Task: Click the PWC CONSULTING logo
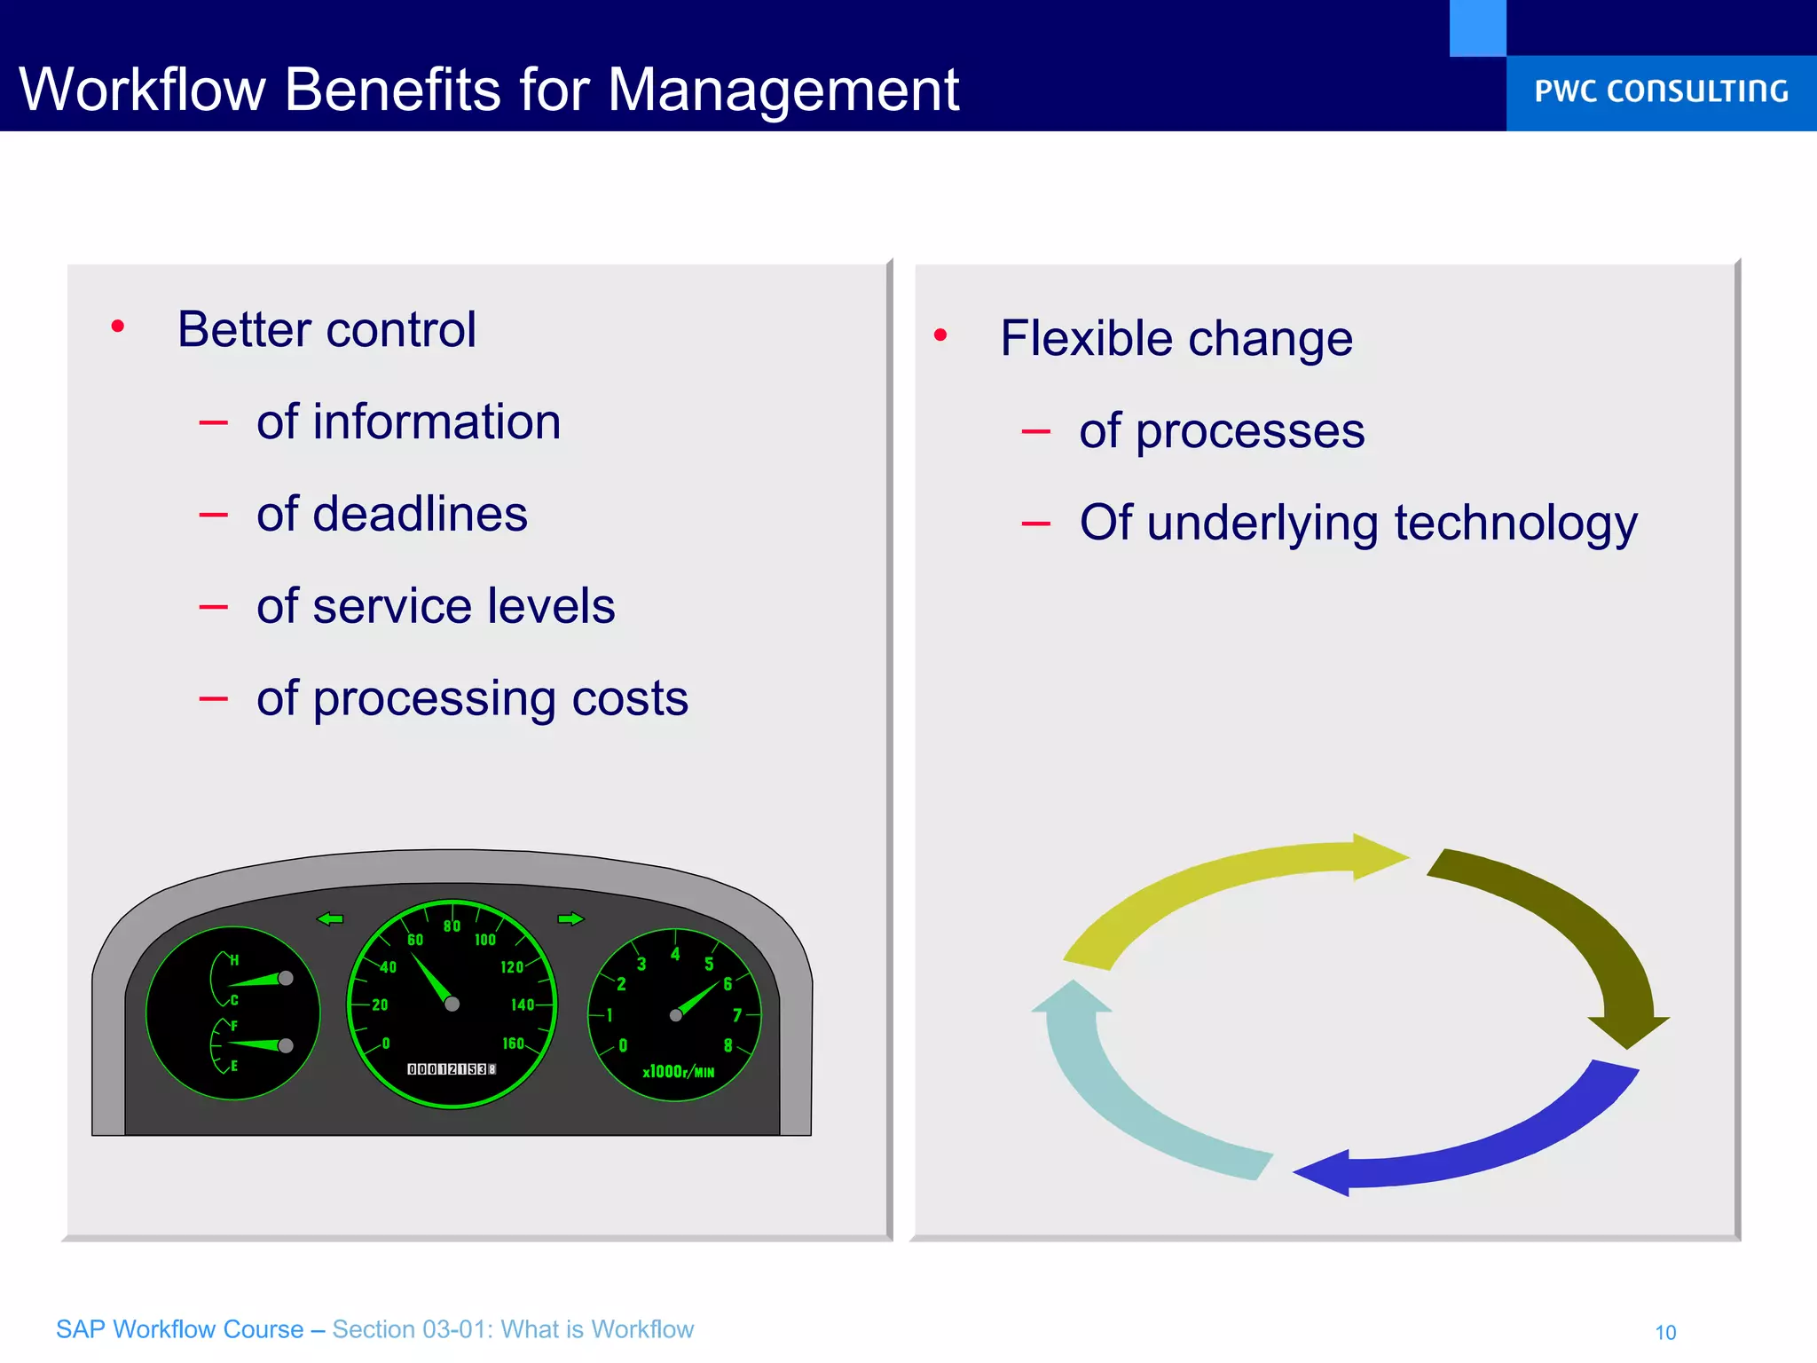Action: click(1661, 91)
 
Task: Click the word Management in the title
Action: click(783, 91)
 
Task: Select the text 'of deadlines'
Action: click(391, 515)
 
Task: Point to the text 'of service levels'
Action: click(435, 607)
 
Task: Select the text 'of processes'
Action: click(1221, 432)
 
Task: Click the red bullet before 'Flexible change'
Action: click(940, 335)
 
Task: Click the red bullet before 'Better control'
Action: click(118, 327)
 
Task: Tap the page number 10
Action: click(1665, 1332)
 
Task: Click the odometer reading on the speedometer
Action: click(452, 1069)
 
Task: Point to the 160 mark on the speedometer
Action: click(513, 1044)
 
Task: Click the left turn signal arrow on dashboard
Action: click(330, 918)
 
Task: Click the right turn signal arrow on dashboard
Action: click(570, 918)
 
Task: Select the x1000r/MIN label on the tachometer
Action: click(678, 1072)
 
